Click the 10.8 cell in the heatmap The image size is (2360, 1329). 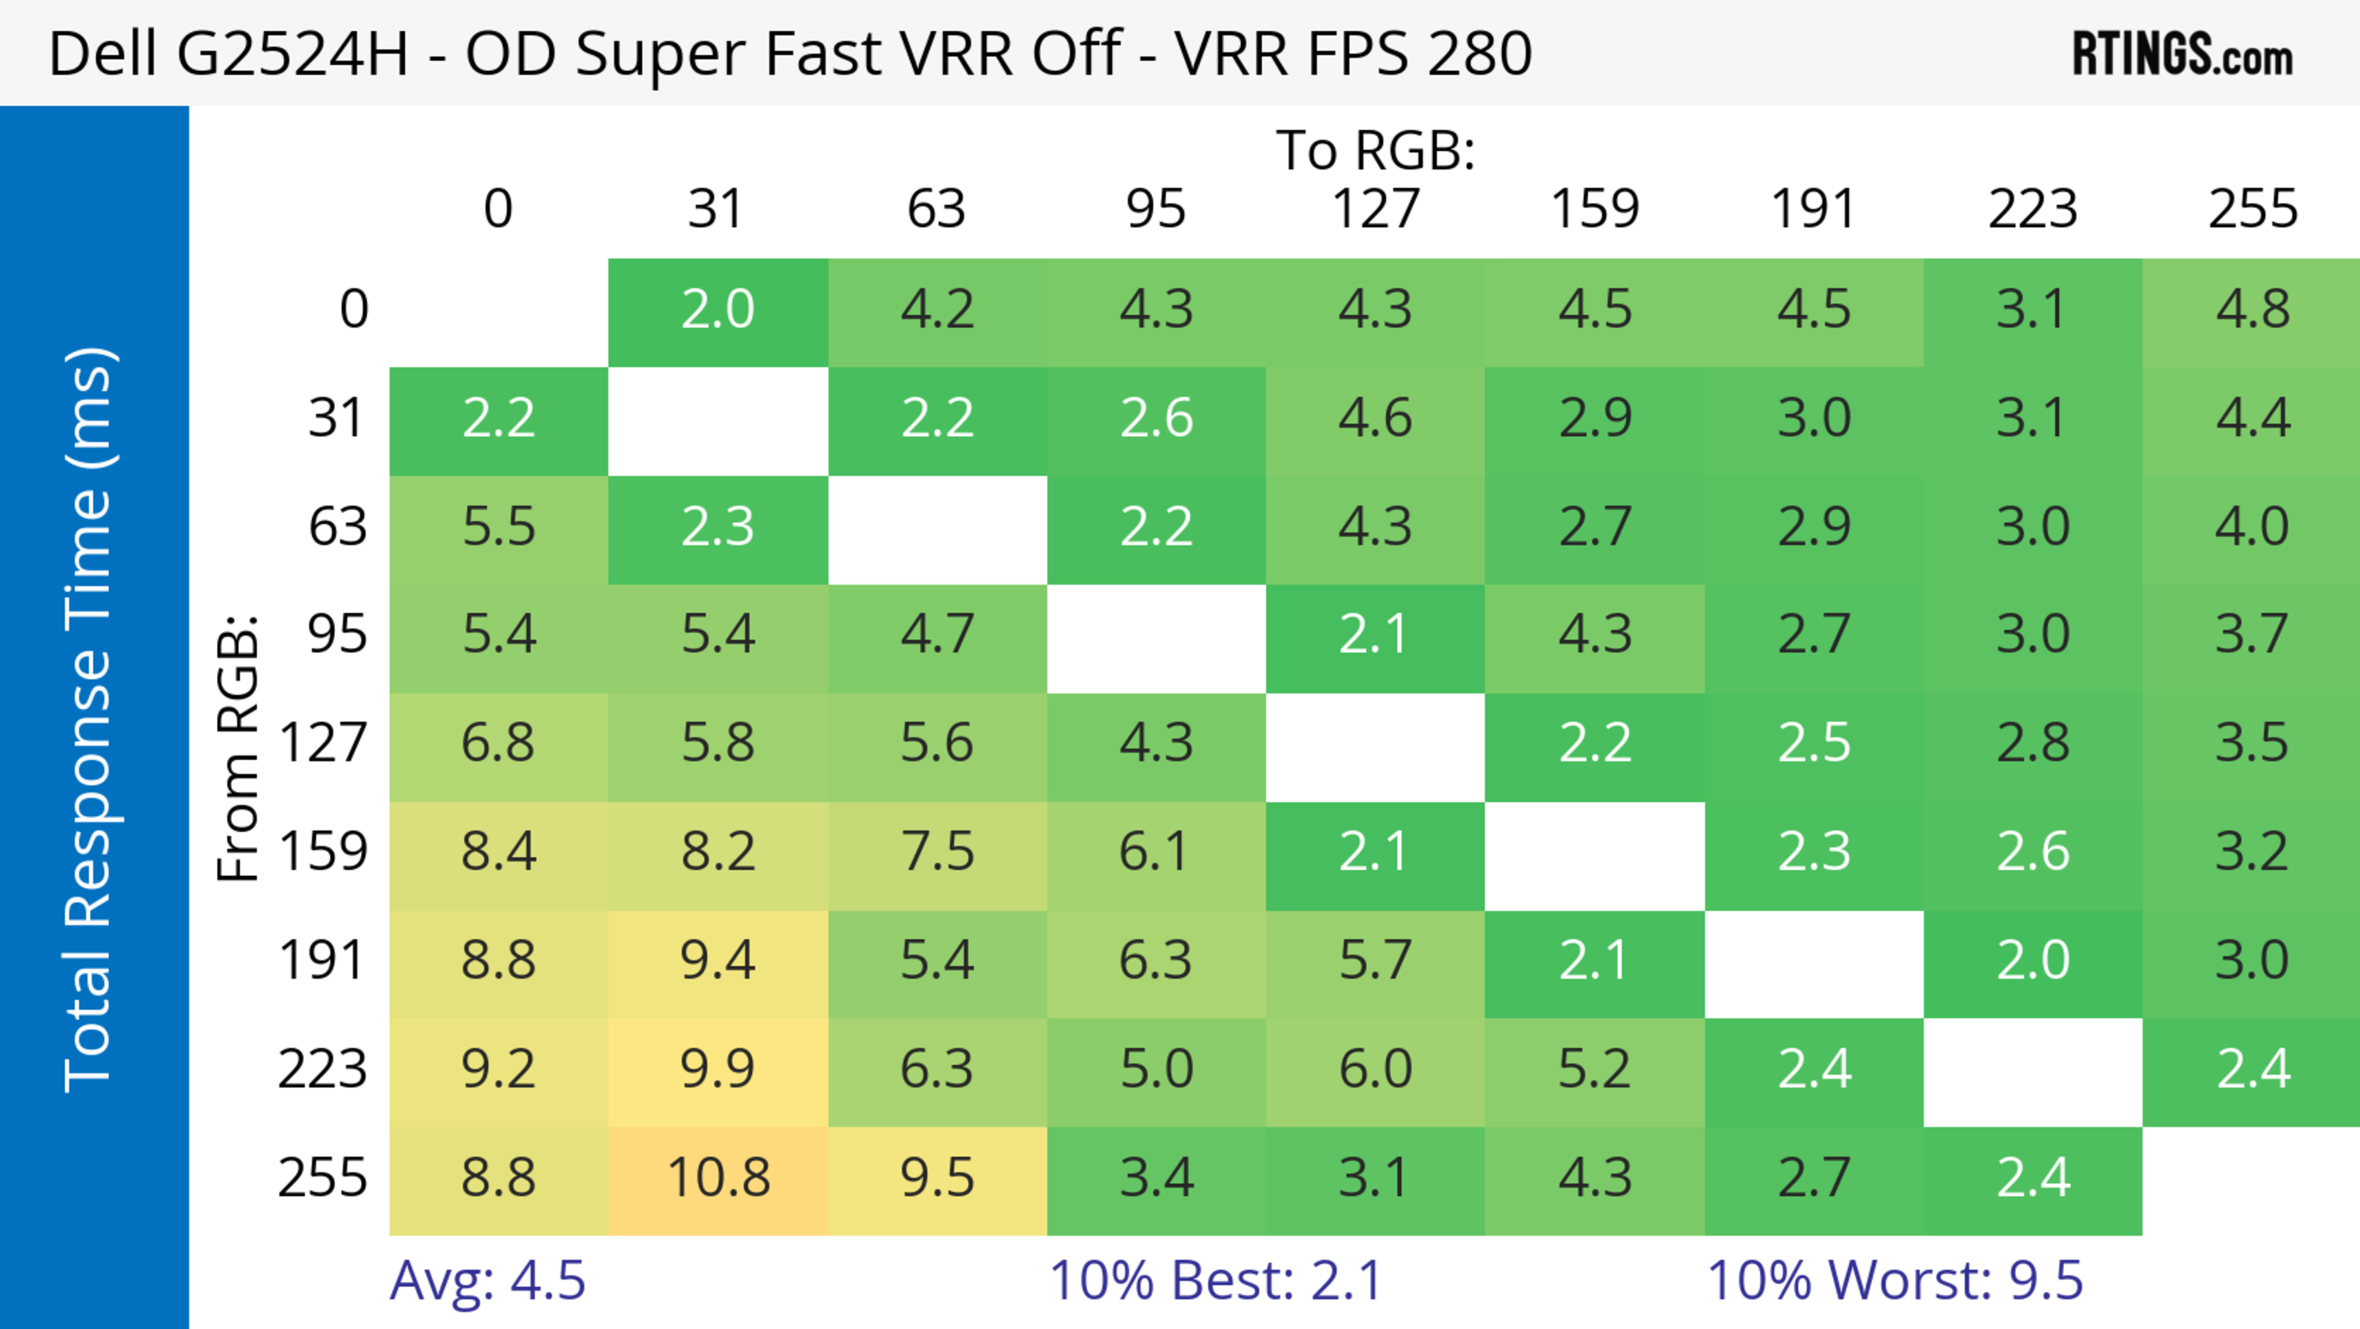pyautogui.click(x=718, y=1178)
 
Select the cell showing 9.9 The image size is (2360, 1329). pyautogui.click(x=718, y=1069)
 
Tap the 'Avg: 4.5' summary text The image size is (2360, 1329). pyautogui.click(x=487, y=1280)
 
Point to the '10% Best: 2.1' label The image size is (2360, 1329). pyautogui.click(x=1215, y=1280)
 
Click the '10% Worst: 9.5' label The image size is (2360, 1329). pyautogui.click(x=1895, y=1280)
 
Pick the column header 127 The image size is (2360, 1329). pyautogui.click(x=1375, y=209)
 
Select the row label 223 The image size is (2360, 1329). pyautogui.click(x=323, y=1069)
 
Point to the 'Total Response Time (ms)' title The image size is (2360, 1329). pyautogui.click(x=89, y=720)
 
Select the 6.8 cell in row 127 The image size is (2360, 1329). pyautogui.click(x=498, y=742)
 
